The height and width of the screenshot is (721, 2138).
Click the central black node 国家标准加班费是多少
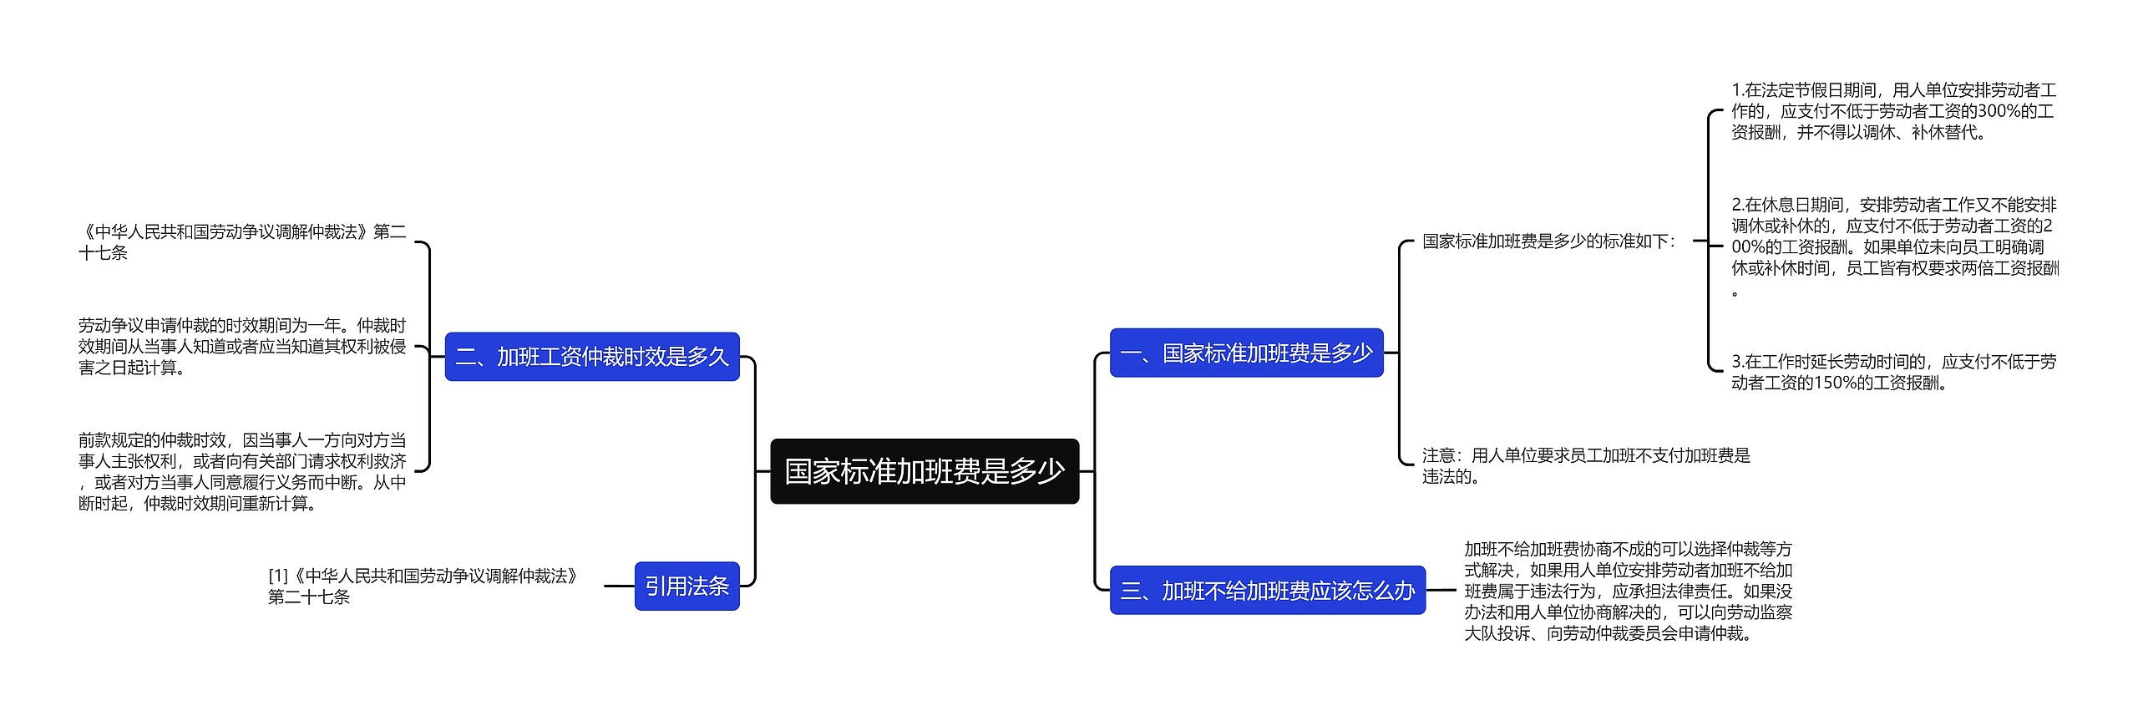coord(924,471)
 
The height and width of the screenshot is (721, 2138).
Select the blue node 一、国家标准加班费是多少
coord(1246,353)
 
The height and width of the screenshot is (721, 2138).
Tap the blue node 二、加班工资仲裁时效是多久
coord(591,357)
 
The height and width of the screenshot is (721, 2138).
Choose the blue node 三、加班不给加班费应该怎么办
coord(1267,591)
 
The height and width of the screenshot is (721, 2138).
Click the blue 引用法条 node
coord(686,586)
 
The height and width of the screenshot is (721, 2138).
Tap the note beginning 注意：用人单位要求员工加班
coord(1585,465)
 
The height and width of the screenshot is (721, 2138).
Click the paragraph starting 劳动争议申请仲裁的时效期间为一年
coord(242,347)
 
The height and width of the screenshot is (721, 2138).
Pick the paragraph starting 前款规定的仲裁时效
coord(242,471)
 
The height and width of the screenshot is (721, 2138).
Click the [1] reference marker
coord(278,576)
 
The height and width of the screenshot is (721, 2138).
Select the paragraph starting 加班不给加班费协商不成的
coord(1628,591)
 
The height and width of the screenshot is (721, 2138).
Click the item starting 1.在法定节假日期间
coord(1893,111)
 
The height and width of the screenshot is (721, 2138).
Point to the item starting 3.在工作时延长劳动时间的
coord(1893,373)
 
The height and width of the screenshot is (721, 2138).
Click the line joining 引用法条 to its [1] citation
coord(619,586)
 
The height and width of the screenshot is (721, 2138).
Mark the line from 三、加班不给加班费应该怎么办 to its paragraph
coord(1441,591)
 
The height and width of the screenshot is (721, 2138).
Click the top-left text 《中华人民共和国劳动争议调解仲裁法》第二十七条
coord(242,241)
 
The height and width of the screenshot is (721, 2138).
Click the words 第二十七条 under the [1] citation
coord(309,597)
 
